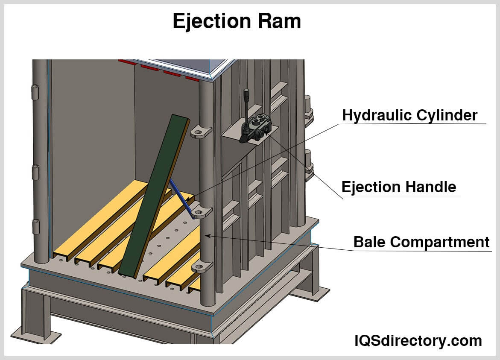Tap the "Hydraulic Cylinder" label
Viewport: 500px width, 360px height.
[x=409, y=115]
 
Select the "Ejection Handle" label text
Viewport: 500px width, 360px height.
[x=398, y=187]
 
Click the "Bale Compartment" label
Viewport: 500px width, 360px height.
[x=421, y=242]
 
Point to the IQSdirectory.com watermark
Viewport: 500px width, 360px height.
[x=418, y=340]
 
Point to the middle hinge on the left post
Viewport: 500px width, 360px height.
[x=35, y=172]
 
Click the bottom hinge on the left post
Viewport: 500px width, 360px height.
[x=35, y=226]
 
